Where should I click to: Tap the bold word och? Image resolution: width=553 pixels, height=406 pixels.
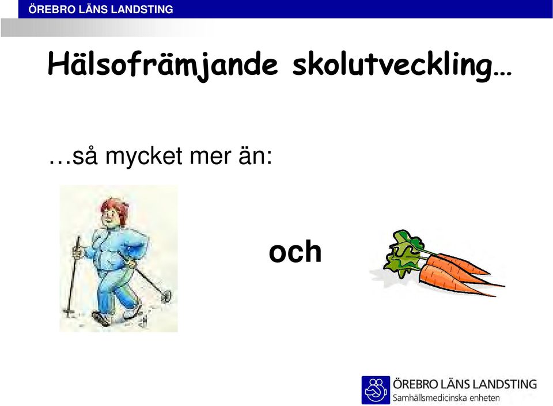(x=295, y=251)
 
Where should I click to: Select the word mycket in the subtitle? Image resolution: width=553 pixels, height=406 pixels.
(x=144, y=156)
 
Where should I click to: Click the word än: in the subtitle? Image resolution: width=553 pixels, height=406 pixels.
(x=255, y=155)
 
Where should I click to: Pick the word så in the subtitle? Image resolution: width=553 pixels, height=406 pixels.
(x=85, y=155)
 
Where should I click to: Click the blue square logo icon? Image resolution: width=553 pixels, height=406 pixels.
(x=376, y=390)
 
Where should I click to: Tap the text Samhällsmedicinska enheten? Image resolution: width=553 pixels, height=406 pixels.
(x=446, y=398)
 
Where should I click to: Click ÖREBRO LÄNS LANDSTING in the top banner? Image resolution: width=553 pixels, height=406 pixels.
(x=101, y=9)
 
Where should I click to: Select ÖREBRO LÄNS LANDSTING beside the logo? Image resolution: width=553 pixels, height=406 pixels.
(x=465, y=384)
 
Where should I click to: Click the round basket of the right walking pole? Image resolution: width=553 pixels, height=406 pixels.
(x=166, y=295)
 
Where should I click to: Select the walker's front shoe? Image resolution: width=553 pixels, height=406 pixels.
(x=101, y=318)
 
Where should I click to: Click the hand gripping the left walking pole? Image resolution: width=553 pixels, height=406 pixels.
(x=77, y=252)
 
